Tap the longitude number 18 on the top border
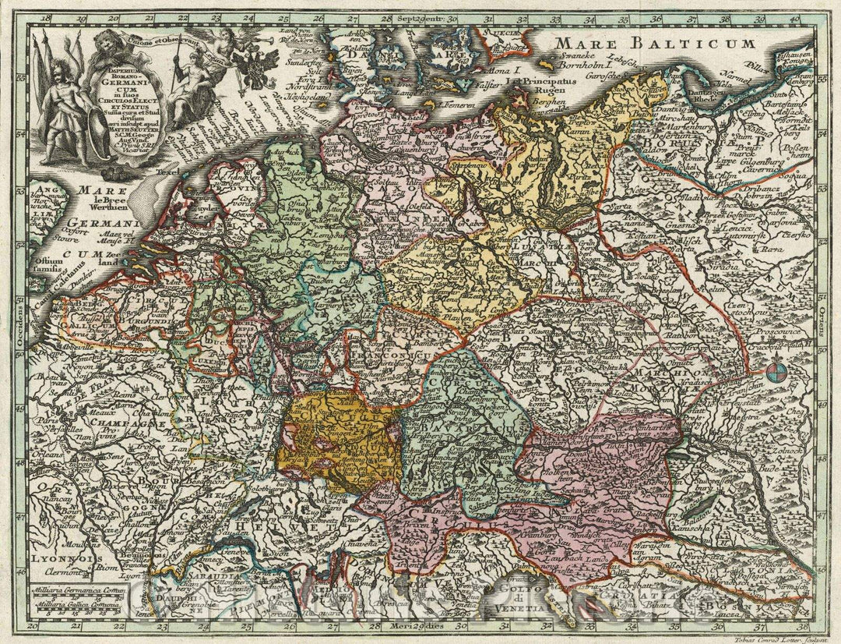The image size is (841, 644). coord(46,16)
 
